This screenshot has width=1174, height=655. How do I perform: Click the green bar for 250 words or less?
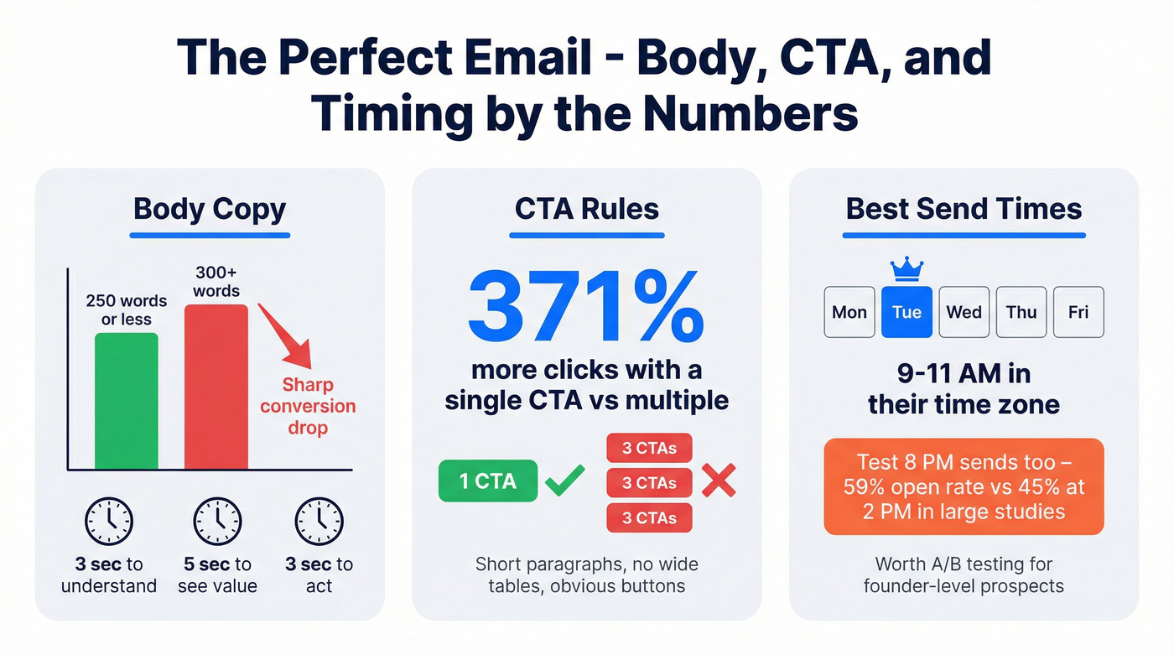pyautogui.click(x=126, y=401)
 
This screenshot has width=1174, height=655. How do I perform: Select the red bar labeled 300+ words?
pyautogui.click(x=216, y=387)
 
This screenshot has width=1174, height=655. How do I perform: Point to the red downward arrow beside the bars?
pyautogui.click(x=285, y=336)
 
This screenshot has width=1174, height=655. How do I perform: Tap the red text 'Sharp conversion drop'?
pyautogui.click(x=308, y=407)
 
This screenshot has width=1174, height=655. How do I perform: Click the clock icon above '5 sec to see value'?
pyautogui.click(x=217, y=521)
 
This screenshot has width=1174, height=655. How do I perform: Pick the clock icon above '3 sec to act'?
pyautogui.click(x=319, y=521)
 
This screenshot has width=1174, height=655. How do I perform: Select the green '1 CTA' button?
pyautogui.click(x=488, y=481)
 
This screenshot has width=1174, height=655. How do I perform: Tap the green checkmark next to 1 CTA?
pyautogui.click(x=564, y=481)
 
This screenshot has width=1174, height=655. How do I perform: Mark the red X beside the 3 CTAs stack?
pyautogui.click(x=718, y=481)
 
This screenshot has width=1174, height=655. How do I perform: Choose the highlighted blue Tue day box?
pyautogui.click(x=906, y=312)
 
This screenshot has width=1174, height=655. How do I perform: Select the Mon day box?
pyautogui.click(x=849, y=312)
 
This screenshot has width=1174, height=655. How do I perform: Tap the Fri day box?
pyautogui.click(x=1078, y=312)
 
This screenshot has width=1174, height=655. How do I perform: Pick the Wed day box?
pyautogui.click(x=964, y=312)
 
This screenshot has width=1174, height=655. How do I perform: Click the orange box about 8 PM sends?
pyautogui.click(x=964, y=486)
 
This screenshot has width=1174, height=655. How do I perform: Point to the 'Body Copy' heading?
pyautogui.click(x=210, y=209)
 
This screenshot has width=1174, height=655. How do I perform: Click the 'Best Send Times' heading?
pyautogui.click(x=964, y=209)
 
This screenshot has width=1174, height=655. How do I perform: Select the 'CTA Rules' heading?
pyautogui.click(x=586, y=209)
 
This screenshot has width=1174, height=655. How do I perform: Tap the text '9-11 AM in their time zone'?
pyautogui.click(x=964, y=388)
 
